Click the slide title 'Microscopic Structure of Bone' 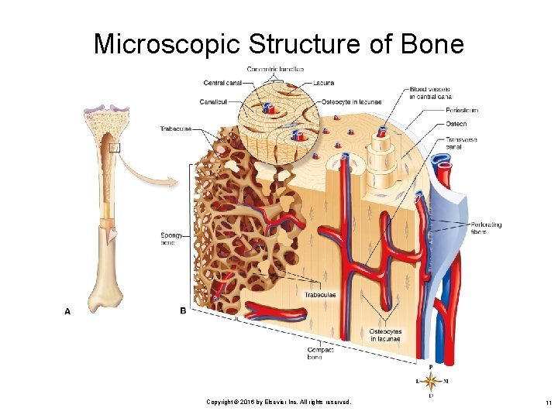pos(278,43)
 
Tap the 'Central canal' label pos(223,82)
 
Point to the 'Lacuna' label pos(325,82)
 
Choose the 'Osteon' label pos(456,123)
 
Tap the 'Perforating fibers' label pos(486,228)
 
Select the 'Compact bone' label pos(319,353)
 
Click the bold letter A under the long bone pos(67,311)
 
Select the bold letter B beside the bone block pos(183,311)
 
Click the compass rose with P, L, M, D pos(432,381)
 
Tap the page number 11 pos(547,403)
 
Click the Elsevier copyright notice pos(278,403)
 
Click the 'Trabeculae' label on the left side pos(175,128)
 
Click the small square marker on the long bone pos(115,148)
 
